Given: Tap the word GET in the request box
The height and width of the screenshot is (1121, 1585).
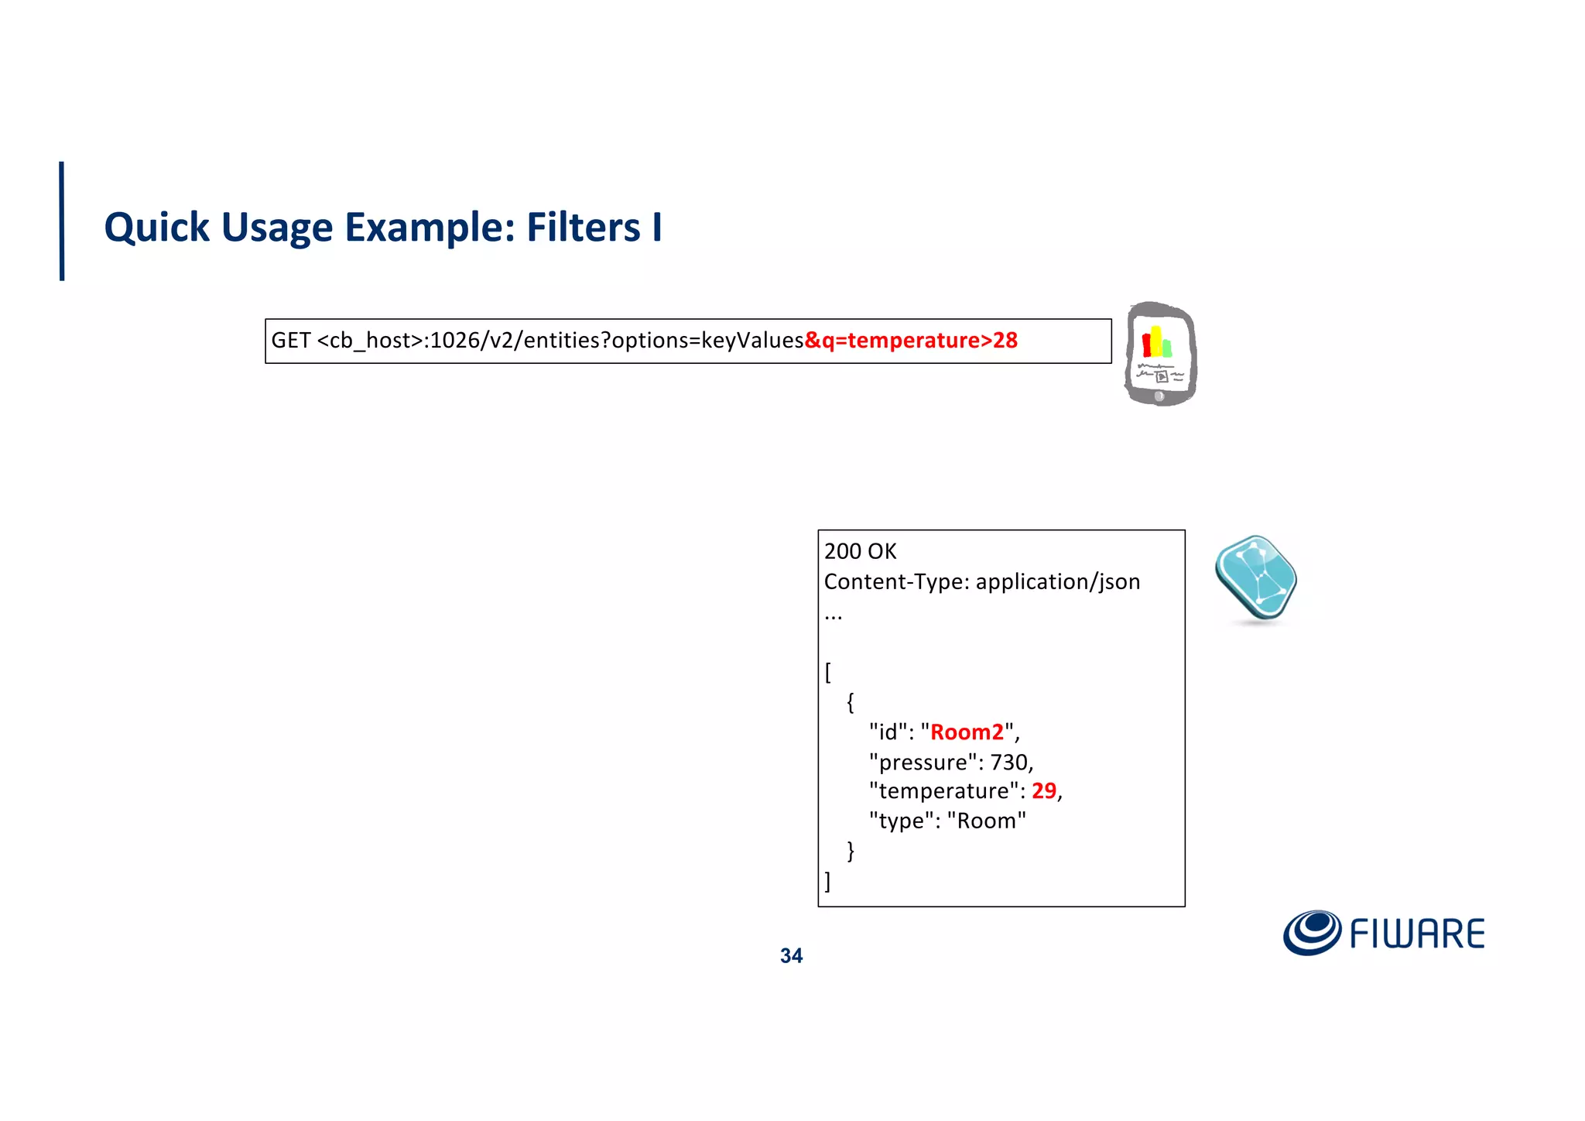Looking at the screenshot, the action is [x=291, y=341].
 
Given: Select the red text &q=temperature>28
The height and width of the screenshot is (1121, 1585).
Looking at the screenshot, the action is [x=911, y=341].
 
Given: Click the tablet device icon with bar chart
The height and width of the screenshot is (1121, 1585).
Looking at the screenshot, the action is [x=1160, y=354].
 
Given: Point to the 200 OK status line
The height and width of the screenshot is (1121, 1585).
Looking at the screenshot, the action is [x=860, y=551].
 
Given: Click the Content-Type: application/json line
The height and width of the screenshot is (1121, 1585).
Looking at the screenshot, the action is [x=981, y=581].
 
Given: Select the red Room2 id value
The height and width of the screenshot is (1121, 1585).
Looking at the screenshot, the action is [x=967, y=732].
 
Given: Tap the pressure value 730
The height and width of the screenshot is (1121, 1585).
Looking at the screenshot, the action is [x=1009, y=763].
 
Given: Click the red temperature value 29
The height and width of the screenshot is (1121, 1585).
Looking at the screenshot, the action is [x=1043, y=790].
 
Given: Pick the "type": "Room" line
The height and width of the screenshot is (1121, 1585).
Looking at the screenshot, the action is [x=947, y=821].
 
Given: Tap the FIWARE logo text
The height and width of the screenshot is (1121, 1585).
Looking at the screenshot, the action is [x=1417, y=934].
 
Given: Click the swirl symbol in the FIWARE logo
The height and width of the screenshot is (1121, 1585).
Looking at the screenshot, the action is [x=1312, y=932].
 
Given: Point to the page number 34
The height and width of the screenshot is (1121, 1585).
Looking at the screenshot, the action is [x=791, y=956].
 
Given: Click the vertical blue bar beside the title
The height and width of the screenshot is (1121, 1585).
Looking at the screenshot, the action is [x=62, y=221].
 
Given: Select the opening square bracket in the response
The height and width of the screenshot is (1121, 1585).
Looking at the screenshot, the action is [x=828, y=672].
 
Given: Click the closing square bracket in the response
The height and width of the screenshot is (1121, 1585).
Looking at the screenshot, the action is [x=828, y=881].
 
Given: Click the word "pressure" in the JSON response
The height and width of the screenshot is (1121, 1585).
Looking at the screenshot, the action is [x=923, y=763].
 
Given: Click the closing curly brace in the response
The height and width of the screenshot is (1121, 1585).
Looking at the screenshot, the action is [x=851, y=851].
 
